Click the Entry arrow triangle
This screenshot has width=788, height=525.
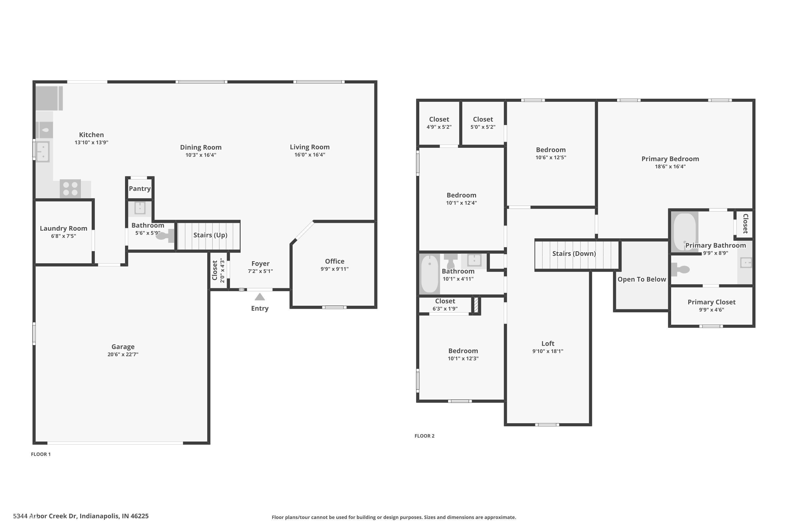click(x=260, y=297)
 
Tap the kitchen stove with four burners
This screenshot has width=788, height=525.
click(x=70, y=188)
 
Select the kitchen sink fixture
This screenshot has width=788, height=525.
click(x=43, y=152)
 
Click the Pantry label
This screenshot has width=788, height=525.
click(x=140, y=188)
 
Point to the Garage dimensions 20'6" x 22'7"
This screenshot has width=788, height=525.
click(x=123, y=354)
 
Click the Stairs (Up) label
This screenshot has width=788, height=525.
click(x=210, y=235)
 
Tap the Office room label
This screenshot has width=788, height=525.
click(x=334, y=261)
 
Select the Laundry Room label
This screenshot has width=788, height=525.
click(x=63, y=228)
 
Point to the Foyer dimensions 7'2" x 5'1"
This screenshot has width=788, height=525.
click(x=260, y=271)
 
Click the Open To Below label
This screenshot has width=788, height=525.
click(x=642, y=279)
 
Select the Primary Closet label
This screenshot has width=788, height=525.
click(x=711, y=302)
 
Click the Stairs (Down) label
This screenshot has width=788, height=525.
click(x=574, y=254)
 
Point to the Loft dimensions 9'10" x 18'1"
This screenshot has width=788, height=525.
click(x=548, y=351)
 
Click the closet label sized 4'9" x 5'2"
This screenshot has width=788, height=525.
click(x=439, y=119)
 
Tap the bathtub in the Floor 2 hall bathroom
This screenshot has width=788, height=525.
click(x=429, y=274)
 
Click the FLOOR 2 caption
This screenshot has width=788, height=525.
click(x=424, y=436)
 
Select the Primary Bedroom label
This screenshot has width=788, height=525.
click(x=670, y=159)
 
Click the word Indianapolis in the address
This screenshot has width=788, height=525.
click(x=99, y=516)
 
